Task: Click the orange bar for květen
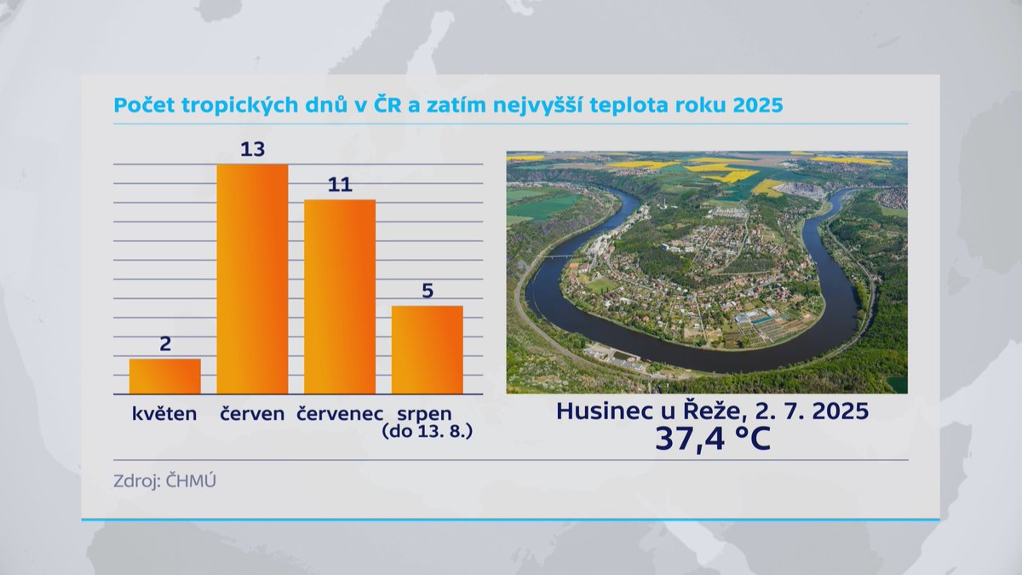point(165,376)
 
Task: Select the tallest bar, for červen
point(252,279)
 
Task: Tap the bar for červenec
point(340,296)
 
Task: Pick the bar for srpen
point(428,349)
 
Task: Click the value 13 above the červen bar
point(252,149)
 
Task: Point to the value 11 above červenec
point(340,185)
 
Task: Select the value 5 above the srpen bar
point(428,290)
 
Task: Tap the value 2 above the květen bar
point(165,344)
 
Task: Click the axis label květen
point(164,415)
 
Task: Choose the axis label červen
point(252,415)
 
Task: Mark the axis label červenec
point(340,415)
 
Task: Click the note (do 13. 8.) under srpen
point(428,432)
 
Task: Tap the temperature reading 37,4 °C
point(712,440)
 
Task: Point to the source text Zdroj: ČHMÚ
point(165,480)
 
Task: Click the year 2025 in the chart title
point(755,106)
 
